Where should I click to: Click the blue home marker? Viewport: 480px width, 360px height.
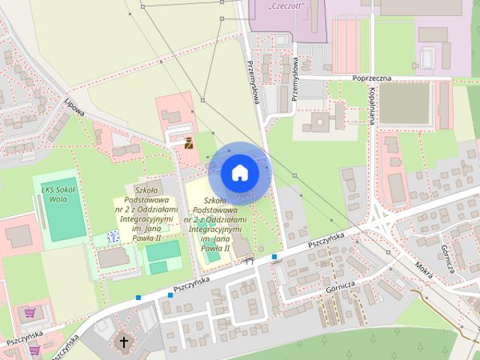click(x=239, y=172)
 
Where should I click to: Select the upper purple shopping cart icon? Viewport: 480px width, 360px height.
click(x=30, y=312)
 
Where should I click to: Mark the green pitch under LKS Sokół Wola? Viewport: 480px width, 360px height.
click(x=65, y=214)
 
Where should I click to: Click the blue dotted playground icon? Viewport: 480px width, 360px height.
click(x=113, y=237)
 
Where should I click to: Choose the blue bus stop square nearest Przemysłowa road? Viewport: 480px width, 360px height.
click(x=274, y=257)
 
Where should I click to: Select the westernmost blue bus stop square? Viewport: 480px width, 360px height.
click(x=139, y=298)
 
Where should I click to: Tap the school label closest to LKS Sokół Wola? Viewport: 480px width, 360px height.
click(x=148, y=212)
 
